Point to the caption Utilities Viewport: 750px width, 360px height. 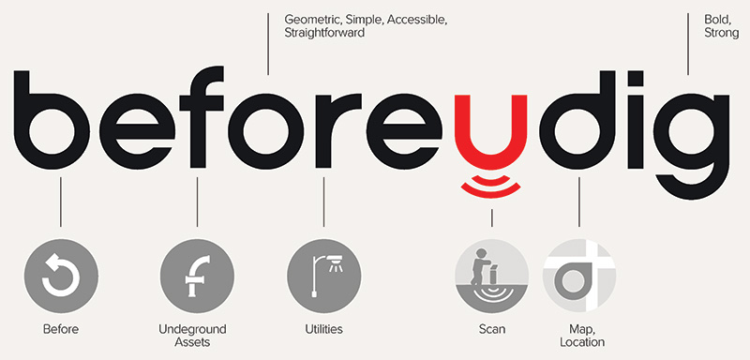click(323, 329)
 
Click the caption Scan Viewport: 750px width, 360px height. click(491, 329)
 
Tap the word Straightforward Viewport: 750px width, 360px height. click(323, 33)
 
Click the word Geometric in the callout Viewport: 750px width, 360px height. click(312, 18)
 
